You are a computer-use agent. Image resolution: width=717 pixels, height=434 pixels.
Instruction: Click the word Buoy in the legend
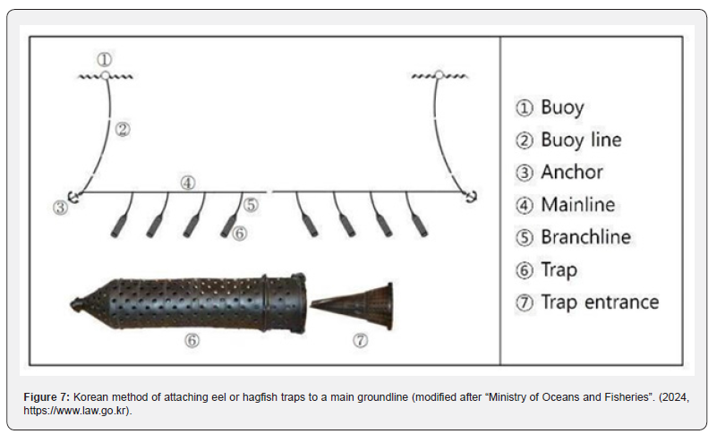(562, 107)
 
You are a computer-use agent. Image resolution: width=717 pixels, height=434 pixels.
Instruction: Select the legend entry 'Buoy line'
(580, 140)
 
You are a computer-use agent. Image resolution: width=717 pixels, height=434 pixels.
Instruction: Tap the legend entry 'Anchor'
(571, 172)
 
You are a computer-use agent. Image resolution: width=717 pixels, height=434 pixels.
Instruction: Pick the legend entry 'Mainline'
(577, 204)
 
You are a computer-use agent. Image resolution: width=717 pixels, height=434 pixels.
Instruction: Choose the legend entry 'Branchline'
(585, 237)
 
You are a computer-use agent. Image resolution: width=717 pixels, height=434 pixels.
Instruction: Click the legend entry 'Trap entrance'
(599, 302)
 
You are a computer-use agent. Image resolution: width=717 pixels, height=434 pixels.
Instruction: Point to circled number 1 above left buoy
(105, 60)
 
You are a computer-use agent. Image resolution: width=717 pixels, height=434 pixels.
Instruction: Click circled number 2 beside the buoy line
(124, 129)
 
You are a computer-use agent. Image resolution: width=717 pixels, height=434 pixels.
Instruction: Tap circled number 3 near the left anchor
(60, 208)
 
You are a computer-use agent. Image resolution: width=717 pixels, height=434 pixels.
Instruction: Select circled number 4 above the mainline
(187, 183)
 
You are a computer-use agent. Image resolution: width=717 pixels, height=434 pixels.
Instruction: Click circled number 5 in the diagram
(251, 204)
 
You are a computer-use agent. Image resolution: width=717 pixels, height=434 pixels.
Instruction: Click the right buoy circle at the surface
(438, 76)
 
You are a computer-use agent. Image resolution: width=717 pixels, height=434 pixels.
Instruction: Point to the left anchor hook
(75, 196)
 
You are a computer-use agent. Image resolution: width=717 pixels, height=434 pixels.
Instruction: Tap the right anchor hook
(469, 194)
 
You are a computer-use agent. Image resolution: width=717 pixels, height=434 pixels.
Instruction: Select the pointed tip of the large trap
(75, 304)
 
